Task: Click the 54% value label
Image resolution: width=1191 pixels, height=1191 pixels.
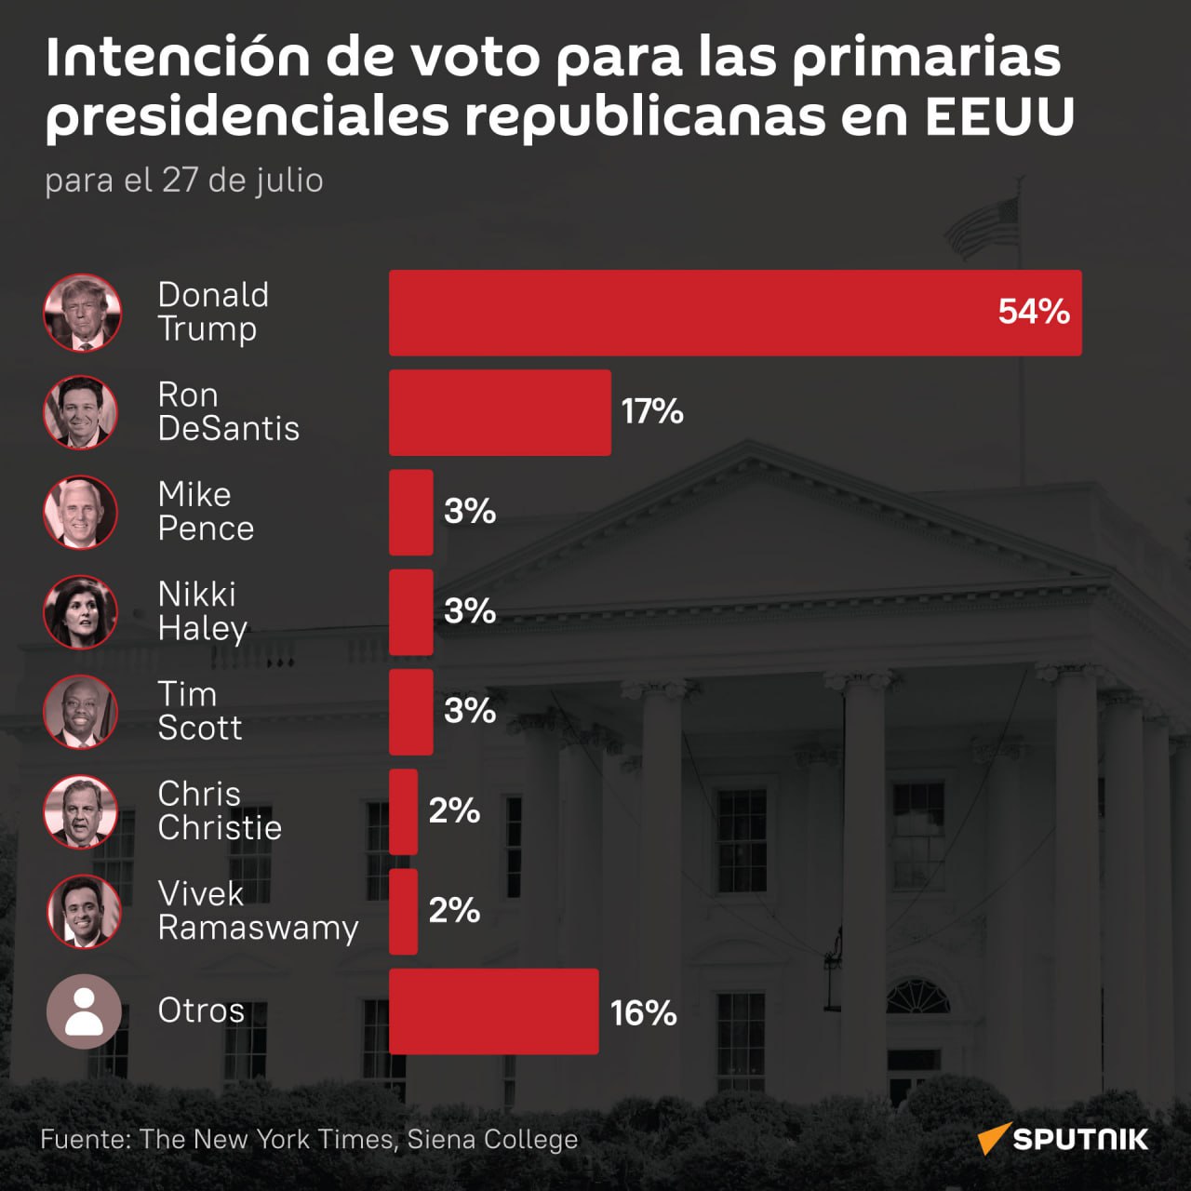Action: click(1034, 312)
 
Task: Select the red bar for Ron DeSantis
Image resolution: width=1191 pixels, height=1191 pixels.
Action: click(500, 412)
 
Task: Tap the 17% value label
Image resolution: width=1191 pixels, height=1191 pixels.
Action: click(652, 411)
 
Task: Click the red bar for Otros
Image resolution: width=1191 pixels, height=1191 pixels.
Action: click(494, 1011)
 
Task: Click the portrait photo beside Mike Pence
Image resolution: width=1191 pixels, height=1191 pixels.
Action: click(80, 512)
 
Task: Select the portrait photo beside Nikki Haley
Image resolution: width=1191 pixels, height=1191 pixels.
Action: click(80, 612)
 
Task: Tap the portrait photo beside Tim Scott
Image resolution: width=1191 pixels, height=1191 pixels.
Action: click(80, 712)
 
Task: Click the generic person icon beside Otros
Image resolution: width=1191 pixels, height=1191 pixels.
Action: click(84, 1011)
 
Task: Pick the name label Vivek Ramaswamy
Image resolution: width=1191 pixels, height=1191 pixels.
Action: click(258, 911)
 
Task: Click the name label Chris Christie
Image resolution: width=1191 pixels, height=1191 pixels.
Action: click(220, 810)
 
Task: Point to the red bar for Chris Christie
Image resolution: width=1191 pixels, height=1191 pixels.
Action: click(403, 811)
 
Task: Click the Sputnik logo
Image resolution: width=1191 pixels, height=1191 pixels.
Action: click(1063, 1139)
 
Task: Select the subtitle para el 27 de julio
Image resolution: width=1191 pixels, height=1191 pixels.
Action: click(184, 181)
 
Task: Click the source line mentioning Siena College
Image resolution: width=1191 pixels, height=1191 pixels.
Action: click(309, 1139)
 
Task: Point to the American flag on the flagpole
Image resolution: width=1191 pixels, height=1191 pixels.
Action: click(982, 227)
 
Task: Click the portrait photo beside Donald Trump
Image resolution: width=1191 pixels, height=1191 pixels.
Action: click(82, 313)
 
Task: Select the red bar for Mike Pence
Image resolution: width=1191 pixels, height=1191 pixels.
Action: click(411, 513)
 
